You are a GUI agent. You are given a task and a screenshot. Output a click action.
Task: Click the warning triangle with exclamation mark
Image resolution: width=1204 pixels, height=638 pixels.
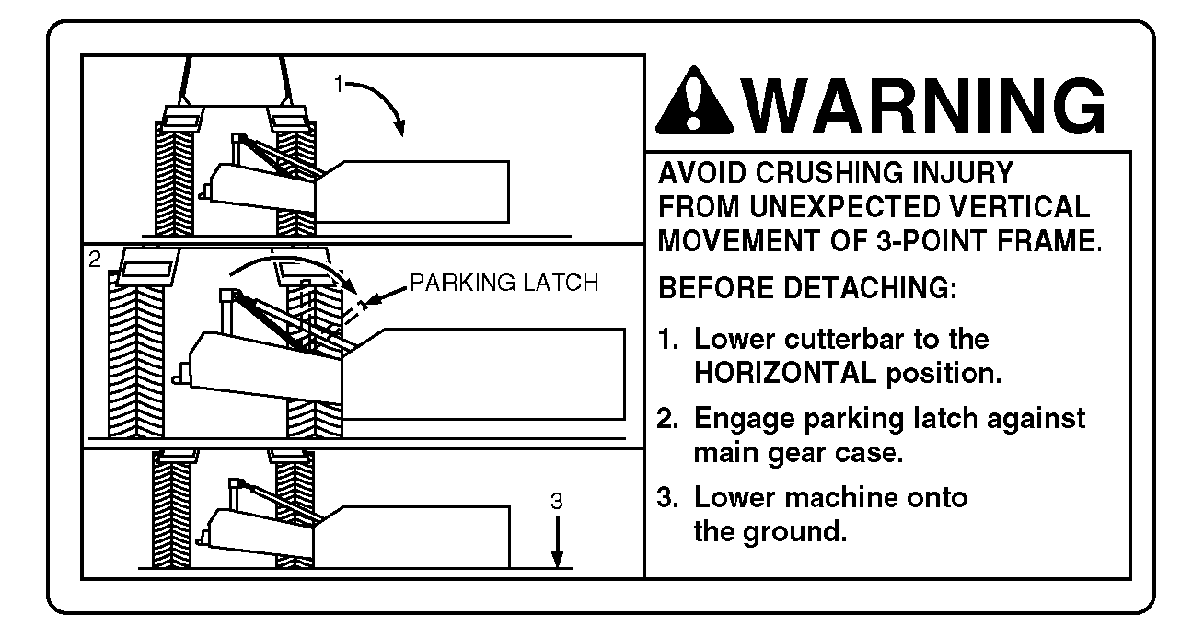pyautogui.click(x=694, y=102)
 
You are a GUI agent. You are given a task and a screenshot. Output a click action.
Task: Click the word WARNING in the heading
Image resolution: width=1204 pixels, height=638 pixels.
pyautogui.click(x=924, y=105)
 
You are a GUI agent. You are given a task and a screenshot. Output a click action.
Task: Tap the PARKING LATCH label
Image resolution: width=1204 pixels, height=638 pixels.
pyautogui.click(x=504, y=283)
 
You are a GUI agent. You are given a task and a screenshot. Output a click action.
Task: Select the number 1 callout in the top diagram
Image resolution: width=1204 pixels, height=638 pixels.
pyautogui.click(x=339, y=84)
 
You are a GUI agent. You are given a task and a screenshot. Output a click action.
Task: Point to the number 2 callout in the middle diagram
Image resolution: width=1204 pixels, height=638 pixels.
pyautogui.click(x=95, y=260)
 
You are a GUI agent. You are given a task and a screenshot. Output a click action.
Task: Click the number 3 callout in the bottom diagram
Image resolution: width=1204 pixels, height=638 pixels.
pyautogui.click(x=557, y=502)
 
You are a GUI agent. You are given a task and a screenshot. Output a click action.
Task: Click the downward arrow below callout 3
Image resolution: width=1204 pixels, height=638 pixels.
pyautogui.click(x=558, y=541)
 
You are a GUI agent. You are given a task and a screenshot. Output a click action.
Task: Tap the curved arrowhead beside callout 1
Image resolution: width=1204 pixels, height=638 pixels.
pyautogui.click(x=399, y=127)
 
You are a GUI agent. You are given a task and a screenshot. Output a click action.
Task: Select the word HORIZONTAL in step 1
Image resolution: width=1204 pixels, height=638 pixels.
pyautogui.click(x=786, y=373)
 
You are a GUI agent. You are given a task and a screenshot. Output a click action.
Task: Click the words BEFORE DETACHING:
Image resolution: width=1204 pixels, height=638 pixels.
pyautogui.click(x=808, y=288)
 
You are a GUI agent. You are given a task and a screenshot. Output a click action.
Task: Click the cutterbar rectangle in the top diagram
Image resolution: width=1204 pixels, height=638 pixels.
pyautogui.click(x=411, y=191)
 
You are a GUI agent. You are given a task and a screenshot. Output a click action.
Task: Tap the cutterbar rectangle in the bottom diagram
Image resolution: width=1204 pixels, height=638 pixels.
pyautogui.click(x=411, y=537)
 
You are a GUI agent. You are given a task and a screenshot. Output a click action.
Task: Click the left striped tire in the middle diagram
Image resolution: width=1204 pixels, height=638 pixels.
pyautogui.click(x=136, y=354)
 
